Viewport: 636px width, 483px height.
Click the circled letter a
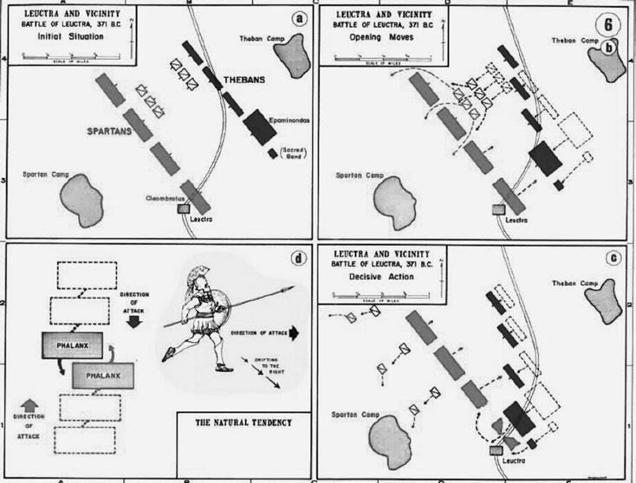(x=298, y=21)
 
